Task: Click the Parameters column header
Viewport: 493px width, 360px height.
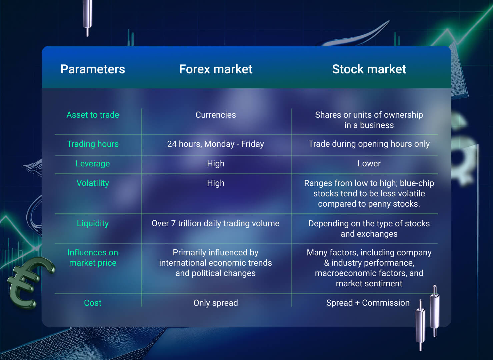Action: coord(93,69)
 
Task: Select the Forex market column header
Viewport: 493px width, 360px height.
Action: coord(216,69)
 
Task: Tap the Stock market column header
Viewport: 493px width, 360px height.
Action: coord(369,69)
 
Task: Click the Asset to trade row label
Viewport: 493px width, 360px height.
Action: coord(93,115)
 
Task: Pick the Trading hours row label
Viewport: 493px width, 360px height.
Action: coord(93,144)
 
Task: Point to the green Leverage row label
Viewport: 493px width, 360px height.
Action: coord(93,164)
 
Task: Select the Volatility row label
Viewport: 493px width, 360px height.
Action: coord(93,183)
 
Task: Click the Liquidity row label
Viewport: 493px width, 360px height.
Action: coord(93,224)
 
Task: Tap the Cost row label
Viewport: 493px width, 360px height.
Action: coord(93,303)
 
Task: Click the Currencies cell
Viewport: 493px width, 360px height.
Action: coord(216,115)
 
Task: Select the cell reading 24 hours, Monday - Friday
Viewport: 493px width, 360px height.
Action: coord(216,144)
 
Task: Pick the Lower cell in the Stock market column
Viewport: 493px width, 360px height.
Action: coord(369,163)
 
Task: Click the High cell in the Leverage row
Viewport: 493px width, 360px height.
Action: coord(216,164)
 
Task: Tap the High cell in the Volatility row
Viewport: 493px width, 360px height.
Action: coord(216,183)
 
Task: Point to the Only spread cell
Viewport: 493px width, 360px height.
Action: coord(216,303)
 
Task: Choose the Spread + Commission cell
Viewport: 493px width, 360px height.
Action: coord(368,303)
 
